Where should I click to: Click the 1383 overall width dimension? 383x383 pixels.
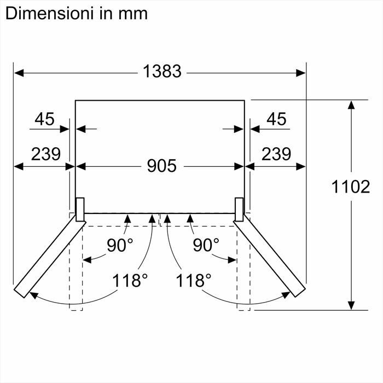click(x=162, y=71)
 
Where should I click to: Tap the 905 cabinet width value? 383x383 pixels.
click(x=162, y=166)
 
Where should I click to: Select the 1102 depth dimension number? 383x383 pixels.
click(x=351, y=187)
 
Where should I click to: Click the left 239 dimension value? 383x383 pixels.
click(x=45, y=154)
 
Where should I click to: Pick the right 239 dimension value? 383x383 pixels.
click(x=276, y=154)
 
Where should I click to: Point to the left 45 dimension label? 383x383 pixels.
click(x=44, y=119)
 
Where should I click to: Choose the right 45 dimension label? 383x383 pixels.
click(x=276, y=119)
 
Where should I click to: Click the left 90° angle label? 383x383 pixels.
click(x=120, y=245)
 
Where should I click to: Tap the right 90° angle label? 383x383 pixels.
click(x=206, y=245)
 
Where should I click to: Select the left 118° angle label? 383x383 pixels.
click(x=130, y=280)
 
